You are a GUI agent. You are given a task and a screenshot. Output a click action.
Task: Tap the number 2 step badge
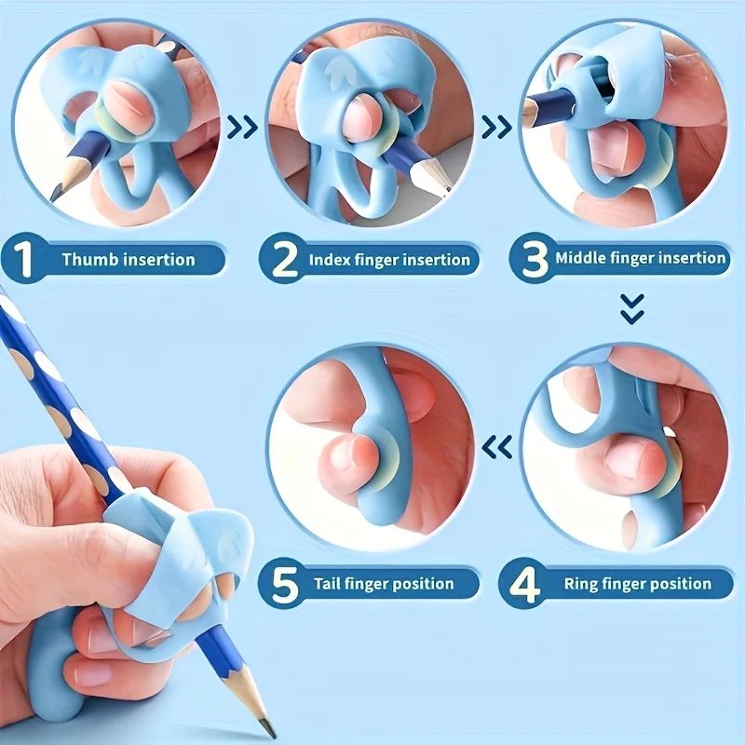point(279,259)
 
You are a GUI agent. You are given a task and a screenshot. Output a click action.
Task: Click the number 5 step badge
point(285,585)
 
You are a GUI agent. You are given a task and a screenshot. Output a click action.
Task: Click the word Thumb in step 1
point(87,260)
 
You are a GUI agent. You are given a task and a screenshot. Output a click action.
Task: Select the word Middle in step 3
point(580,258)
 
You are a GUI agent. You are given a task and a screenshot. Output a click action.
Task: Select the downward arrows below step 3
point(632,307)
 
